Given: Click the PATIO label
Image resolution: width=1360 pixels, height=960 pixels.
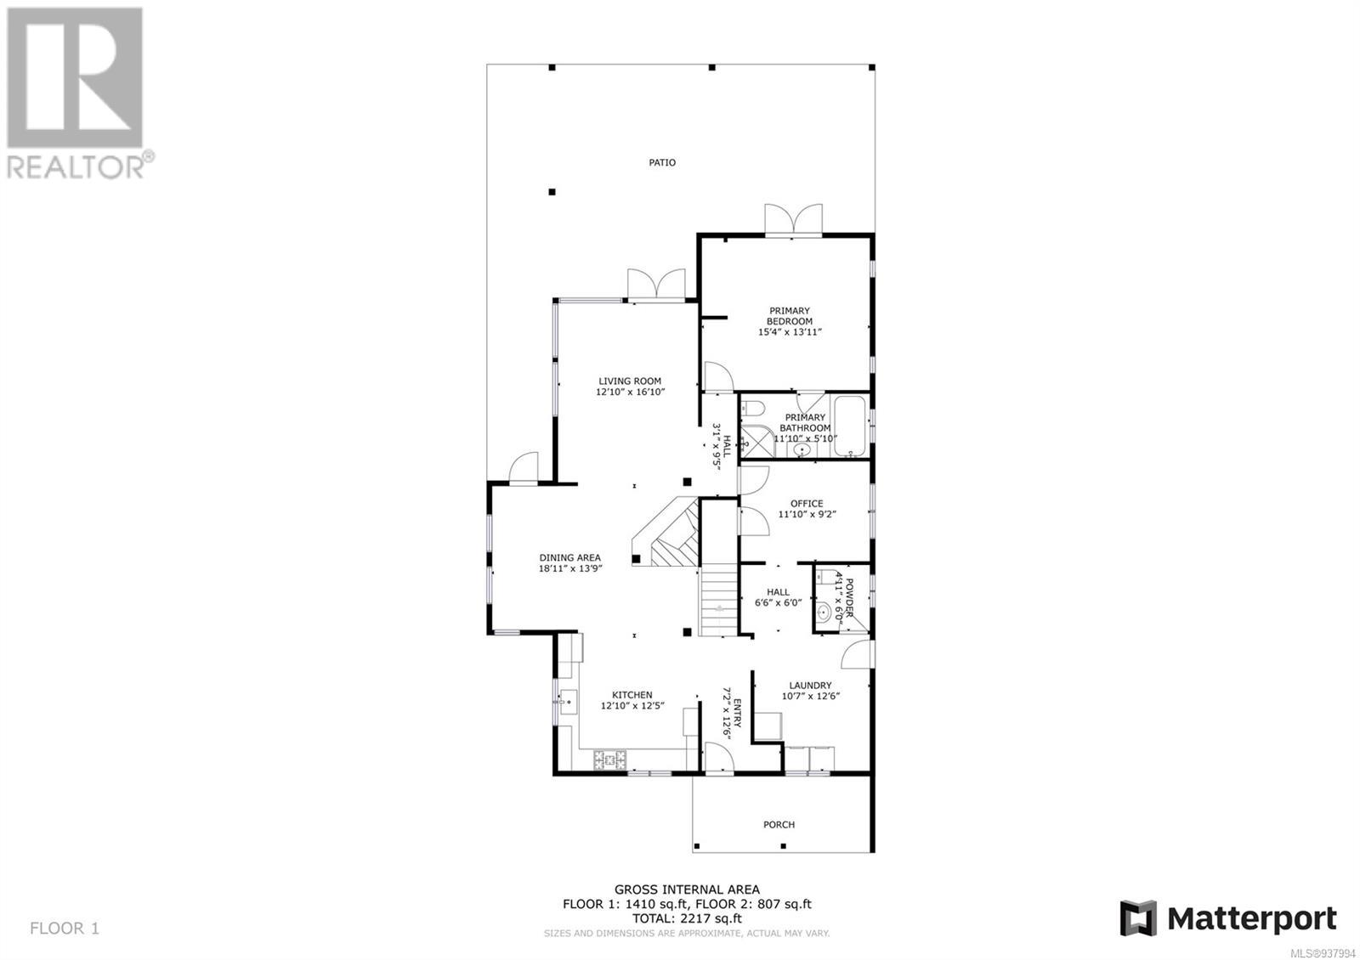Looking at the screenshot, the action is pyautogui.click(x=662, y=162).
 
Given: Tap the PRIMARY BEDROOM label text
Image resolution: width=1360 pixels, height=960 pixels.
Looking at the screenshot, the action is pyautogui.click(x=790, y=316).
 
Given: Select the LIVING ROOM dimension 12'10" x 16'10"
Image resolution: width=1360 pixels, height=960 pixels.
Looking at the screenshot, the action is pyautogui.click(x=630, y=392).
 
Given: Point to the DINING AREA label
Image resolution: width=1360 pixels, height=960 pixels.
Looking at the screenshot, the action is pyautogui.click(x=570, y=557).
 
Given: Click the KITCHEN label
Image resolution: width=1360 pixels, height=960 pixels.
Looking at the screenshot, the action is pyautogui.click(x=632, y=695).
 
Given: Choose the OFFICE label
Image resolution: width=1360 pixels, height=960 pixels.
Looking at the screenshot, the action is pyautogui.click(x=807, y=504).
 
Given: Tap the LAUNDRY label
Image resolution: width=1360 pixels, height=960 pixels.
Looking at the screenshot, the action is pyautogui.click(x=811, y=685).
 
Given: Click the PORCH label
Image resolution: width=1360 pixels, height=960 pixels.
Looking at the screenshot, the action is pyautogui.click(x=779, y=825).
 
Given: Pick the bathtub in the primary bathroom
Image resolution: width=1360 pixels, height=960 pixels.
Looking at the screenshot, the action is pyautogui.click(x=849, y=426).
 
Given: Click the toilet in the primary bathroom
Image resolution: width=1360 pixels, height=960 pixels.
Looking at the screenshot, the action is pyautogui.click(x=751, y=408).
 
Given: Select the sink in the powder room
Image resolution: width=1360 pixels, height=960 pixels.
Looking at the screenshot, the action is pyautogui.click(x=824, y=612).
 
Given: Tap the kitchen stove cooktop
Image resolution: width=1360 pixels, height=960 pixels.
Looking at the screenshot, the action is pyautogui.click(x=609, y=760).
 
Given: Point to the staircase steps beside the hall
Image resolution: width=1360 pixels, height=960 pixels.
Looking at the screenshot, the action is pyautogui.click(x=719, y=600).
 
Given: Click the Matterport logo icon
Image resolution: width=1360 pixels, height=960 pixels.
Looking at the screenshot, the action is pyautogui.click(x=1139, y=918).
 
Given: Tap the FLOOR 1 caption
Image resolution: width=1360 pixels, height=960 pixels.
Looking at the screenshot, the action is pyautogui.click(x=65, y=928).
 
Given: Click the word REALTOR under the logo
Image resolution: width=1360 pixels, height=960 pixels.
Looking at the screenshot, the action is pyautogui.click(x=76, y=168).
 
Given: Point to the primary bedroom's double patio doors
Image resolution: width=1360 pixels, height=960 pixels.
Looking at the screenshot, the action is pyautogui.click(x=794, y=221).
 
